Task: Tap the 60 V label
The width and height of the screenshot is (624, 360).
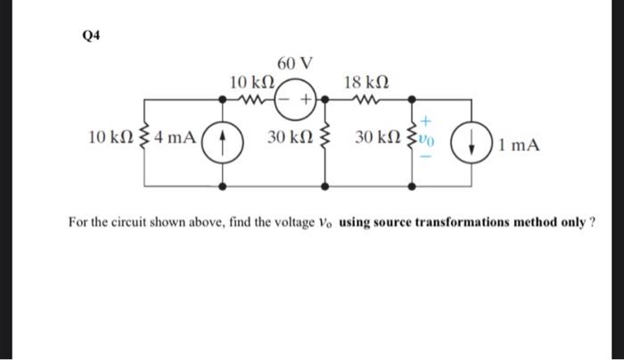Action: click(294, 63)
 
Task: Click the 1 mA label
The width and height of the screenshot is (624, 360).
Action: click(520, 143)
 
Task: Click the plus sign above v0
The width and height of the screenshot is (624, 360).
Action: click(427, 118)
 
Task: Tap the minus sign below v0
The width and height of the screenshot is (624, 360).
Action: click(427, 160)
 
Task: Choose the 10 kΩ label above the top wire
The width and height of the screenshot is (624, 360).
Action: click(251, 82)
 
